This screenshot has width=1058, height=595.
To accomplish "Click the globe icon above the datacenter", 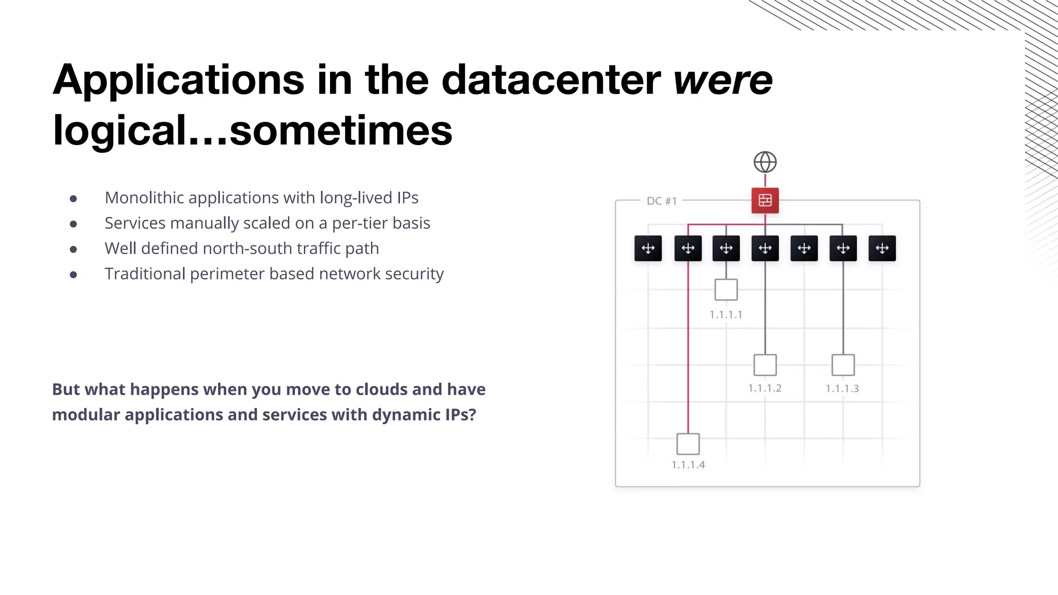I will click(x=765, y=162).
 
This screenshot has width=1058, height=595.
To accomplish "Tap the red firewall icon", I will click(x=765, y=200).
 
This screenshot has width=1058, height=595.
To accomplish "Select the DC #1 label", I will click(x=662, y=201).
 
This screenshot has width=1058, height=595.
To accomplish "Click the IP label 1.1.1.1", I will click(x=726, y=315).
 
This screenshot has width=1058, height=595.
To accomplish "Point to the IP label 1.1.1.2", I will click(x=765, y=388).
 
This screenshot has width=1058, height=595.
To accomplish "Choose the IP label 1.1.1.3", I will click(x=842, y=388).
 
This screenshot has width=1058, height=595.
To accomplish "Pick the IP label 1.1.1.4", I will click(x=688, y=465).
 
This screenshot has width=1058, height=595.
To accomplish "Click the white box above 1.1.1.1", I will click(x=726, y=290).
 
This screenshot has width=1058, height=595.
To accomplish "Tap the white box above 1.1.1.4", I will click(x=688, y=444).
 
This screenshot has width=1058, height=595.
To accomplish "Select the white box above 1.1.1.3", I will click(x=843, y=365).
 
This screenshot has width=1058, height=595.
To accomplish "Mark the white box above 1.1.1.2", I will click(x=765, y=365).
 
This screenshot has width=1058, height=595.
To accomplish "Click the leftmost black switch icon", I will click(x=648, y=248).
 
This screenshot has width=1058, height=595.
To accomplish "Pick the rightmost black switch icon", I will click(x=882, y=248).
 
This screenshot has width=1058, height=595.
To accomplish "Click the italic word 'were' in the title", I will click(x=723, y=80).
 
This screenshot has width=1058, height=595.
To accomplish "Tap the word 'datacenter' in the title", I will click(x=551, y=80).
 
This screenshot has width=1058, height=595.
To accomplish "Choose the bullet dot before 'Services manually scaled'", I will click(x=73, y=224).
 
